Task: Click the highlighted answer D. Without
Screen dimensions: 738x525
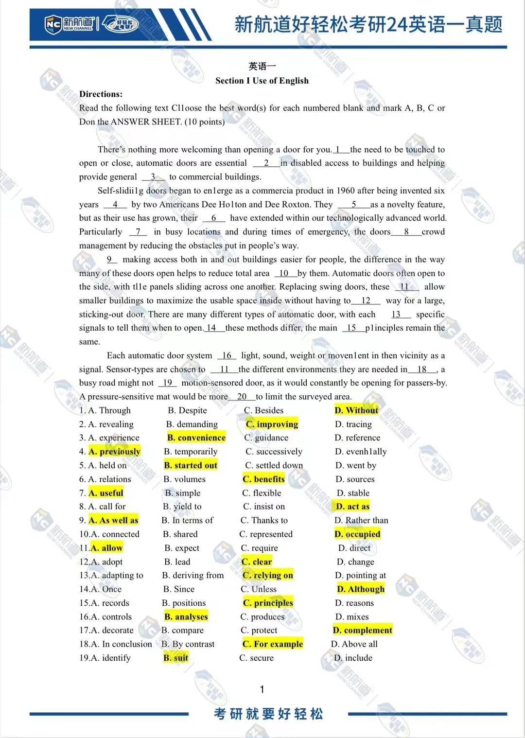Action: [356, 410]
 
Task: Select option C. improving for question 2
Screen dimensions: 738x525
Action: [272, 424]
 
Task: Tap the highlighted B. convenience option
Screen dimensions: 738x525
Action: [196, 438]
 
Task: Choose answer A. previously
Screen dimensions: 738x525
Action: [115, 452]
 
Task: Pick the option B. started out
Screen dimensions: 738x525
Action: [191, 465]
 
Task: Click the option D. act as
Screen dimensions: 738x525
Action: [353, 507]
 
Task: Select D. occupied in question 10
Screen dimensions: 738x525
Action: [357, 534]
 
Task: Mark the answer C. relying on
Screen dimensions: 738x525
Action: [268, 575]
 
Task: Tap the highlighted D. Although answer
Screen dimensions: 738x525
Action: [361, 589]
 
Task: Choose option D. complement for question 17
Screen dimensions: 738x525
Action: [363, 630]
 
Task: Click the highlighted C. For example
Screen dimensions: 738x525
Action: [273, 644]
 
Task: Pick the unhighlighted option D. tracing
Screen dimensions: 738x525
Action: [353, 424]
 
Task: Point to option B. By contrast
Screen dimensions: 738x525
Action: [188, 644]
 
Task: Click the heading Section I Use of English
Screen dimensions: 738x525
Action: [262, 81]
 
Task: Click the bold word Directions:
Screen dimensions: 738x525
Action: [101, 94]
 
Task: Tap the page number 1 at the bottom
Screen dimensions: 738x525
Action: [262, 689]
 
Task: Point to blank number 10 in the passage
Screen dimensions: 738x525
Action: [284, 273]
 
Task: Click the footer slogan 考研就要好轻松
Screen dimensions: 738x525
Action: [268, 714]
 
